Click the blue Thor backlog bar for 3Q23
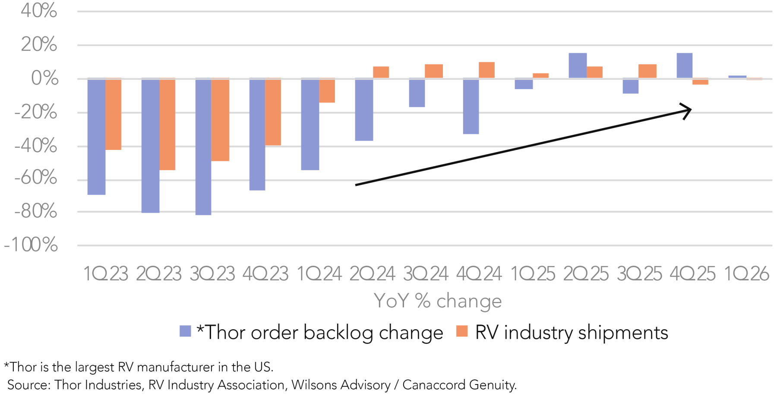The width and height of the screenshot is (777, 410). pos(203,146)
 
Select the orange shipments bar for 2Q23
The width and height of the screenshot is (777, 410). pos(167,124)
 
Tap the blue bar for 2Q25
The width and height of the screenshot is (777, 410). pos(578,66)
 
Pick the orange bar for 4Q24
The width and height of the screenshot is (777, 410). pos(486,70)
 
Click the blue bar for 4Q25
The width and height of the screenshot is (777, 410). pos(684,66)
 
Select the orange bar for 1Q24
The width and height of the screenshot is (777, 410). pos(327,90)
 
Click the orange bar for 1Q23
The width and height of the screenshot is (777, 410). pos(113,114)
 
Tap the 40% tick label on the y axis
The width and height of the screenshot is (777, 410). pos(39,10)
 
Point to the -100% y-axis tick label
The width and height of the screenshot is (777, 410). pos(31,245)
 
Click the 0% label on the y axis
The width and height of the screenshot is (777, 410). pos(45,79)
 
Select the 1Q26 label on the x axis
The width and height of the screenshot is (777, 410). pos(746,274)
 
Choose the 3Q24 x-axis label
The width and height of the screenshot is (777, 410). pos(426,274)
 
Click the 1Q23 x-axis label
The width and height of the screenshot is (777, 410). pos(106,274)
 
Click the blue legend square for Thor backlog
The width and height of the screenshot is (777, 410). pos(185,331)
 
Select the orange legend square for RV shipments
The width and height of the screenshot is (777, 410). pos(462,331)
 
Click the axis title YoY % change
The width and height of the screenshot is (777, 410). pos(438,301)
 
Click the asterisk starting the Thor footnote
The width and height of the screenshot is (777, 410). pos(6,366)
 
